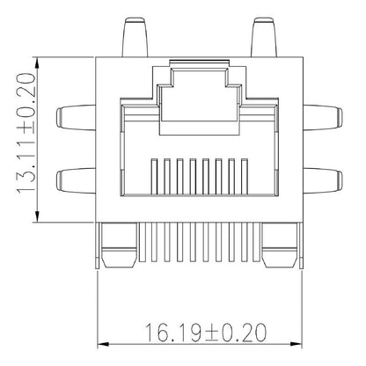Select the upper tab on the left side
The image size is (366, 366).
click(x=74, y=116)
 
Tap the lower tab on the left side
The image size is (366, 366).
click(x=74, y=181)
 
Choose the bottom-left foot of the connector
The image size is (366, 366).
click(x=117, y=249)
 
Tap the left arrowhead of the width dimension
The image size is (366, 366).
click(x=102, y=344)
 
